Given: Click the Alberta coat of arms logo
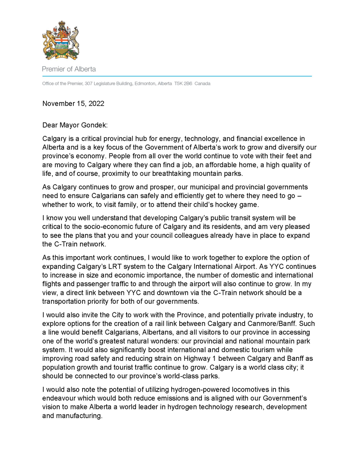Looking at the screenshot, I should click(x=61, y=40).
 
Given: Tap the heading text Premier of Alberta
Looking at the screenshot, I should click(x=69, y=69).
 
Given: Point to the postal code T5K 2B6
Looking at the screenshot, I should click(x=183, y=84).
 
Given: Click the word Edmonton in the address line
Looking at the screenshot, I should click(x=145, y=84).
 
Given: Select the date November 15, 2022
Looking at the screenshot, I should click(x=73, y=104).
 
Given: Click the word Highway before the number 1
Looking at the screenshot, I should click(x=197, y=359).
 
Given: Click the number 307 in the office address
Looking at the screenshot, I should click(x=88, y=84).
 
